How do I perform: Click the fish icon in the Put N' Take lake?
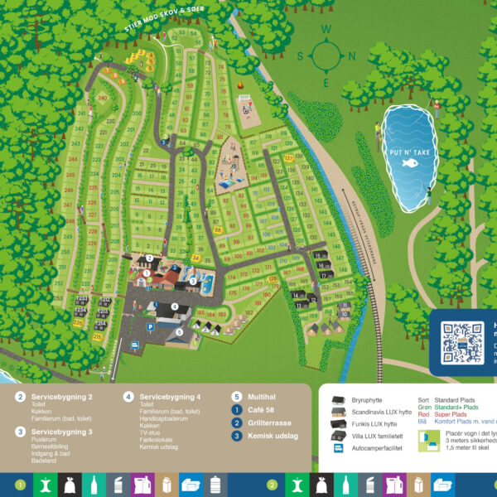408,163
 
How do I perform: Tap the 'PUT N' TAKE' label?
407,152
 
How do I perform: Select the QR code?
461,341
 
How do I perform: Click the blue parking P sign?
149,327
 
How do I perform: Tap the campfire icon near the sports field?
240,85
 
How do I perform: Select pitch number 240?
103,97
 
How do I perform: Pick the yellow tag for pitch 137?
289,157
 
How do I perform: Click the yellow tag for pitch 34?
196,258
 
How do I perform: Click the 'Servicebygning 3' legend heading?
61,432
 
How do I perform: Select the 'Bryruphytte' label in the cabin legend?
368,400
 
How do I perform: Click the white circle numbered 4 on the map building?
176,306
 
